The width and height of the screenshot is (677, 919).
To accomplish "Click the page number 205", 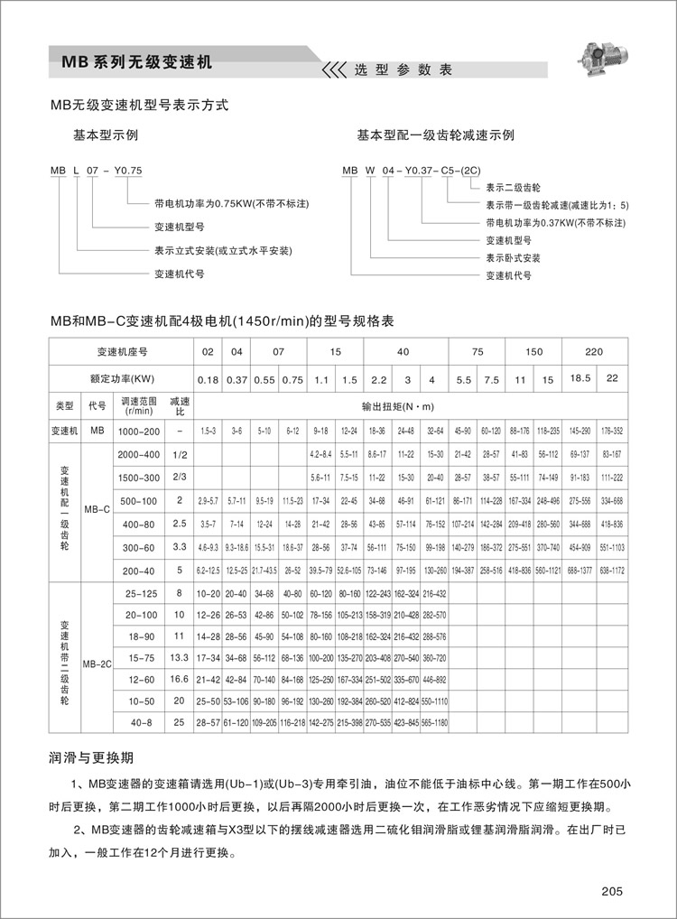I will pyautogui.click(x=611, y=892).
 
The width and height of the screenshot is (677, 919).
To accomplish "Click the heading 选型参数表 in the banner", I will pyautogui.click(x=402, y=70).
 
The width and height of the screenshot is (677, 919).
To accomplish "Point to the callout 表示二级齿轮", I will pyautogui.click(x=513, y=189).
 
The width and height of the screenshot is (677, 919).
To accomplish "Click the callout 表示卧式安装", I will pyautogui.click(x=513, y=258).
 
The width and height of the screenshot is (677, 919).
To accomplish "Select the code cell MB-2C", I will pyautogui.click(x=97, y=663).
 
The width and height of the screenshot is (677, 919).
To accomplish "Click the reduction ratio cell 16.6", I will pyautogui.click(x=179, y=678).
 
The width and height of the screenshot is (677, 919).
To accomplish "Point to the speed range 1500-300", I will pyautogui.click(x=139, y=477).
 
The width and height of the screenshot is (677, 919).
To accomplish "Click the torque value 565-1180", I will pyautogui.click(x=434, y=723).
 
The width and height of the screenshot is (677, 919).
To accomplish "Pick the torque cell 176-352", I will pyautogui.click(x=612, y=432).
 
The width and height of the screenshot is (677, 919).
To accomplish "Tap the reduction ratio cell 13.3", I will pyautogui.click(x=179, y=656).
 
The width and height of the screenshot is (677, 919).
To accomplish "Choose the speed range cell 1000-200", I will pyautogui.click(x=139, y=432).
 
